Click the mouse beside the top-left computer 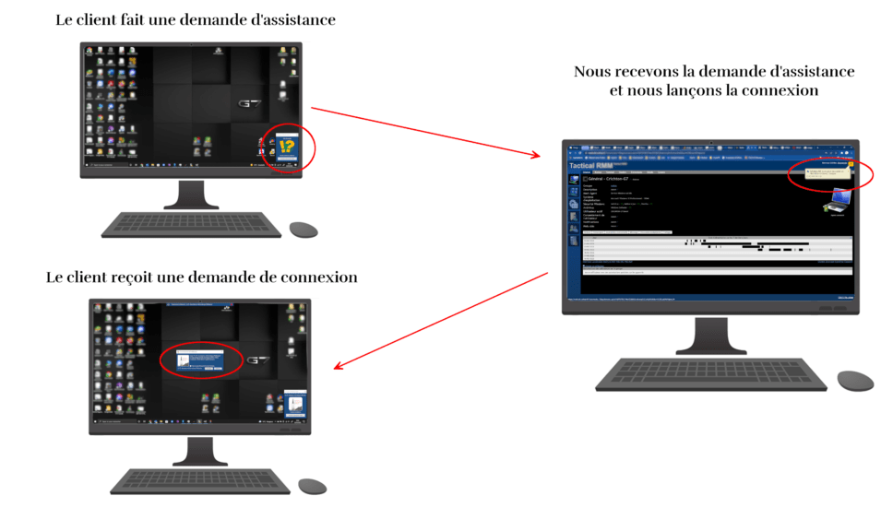tap(303, 229)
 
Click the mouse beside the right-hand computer tap(855, 381)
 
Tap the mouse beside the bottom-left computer tap(312, 486)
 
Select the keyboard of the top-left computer tap(191, 225)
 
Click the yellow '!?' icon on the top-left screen tap(287, 146)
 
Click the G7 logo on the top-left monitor tap(250, 104)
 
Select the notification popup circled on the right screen tap(828, 172)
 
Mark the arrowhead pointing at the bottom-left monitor tap(339, 367)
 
